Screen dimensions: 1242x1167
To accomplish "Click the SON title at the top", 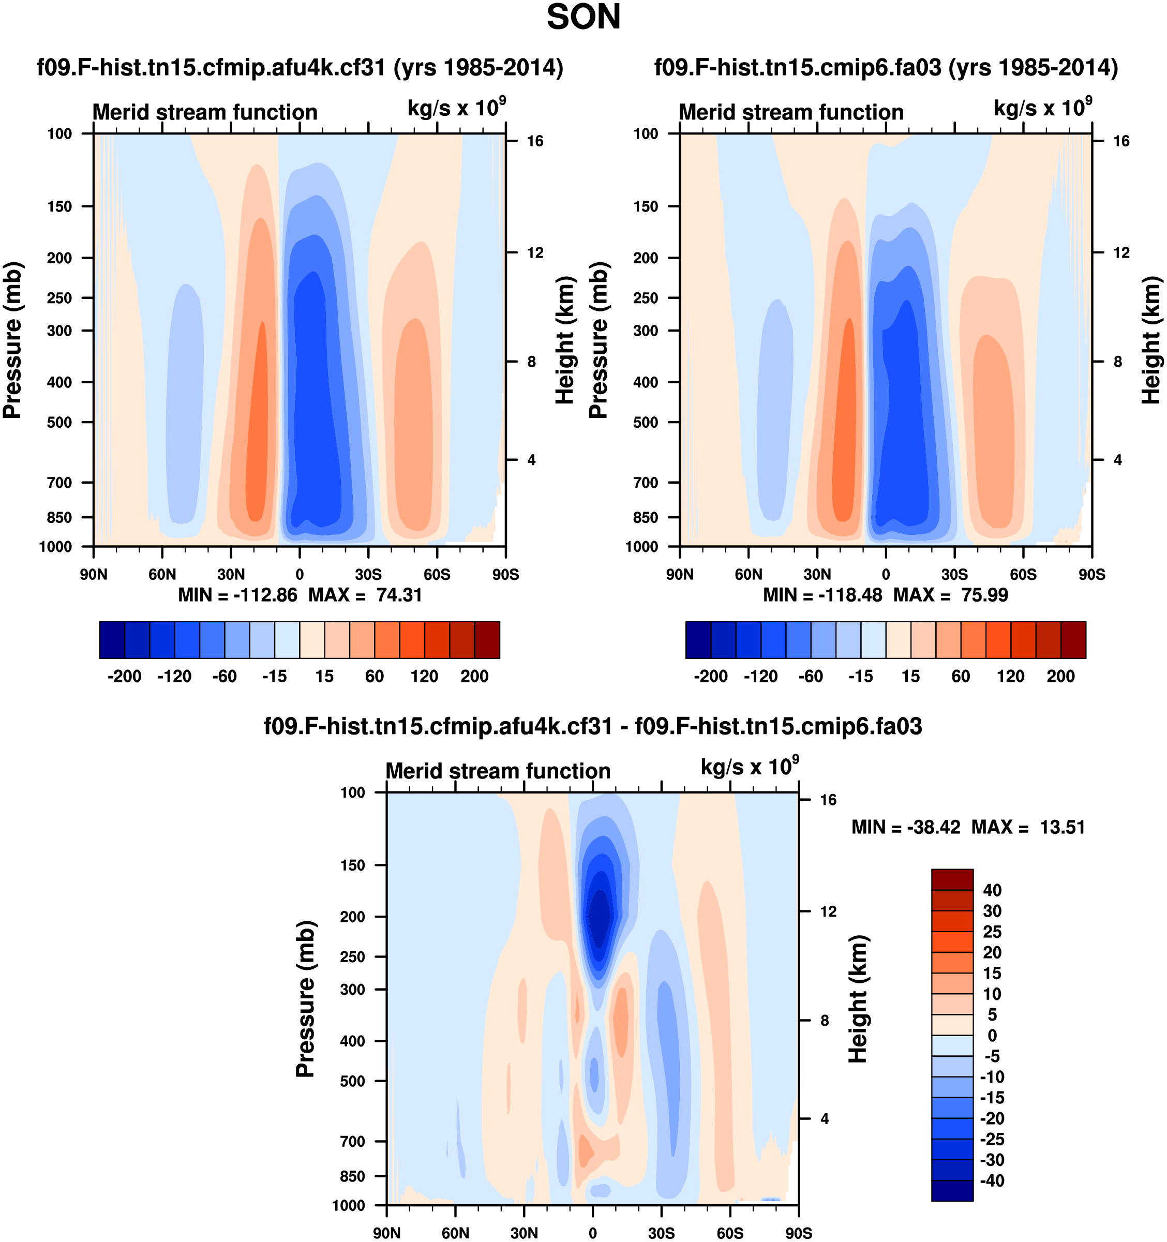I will coord(583,18).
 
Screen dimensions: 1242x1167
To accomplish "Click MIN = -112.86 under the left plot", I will coord(237,595).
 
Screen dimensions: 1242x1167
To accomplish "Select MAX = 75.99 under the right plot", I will coord(950,595).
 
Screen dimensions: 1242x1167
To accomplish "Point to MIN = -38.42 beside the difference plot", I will coord(905,828).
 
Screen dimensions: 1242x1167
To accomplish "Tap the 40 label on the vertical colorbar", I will coord(992,890).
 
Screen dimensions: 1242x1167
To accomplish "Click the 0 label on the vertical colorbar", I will coord(992,1036).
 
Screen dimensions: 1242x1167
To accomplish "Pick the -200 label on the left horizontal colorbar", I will coord(124,677).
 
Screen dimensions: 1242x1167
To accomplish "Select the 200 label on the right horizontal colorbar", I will coord(1060,677).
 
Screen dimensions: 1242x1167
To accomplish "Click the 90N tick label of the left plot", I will coord(94,575).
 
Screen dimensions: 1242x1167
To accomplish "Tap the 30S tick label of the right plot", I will coord(954,575).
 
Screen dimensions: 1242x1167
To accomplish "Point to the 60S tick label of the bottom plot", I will coord(730,1233).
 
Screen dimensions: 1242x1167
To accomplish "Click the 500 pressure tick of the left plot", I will coord(59,422).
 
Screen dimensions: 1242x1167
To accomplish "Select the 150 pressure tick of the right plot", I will coord(646,207).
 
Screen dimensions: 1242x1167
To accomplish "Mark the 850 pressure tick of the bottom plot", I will coord(352,1176).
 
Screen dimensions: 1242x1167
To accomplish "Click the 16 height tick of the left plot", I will coord(535,141).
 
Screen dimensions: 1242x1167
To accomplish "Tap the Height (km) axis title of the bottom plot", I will coord(858,999).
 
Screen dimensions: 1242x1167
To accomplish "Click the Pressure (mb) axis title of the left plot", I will coord(12,340).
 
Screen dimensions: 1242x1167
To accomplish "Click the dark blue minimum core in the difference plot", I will coord(599,917).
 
